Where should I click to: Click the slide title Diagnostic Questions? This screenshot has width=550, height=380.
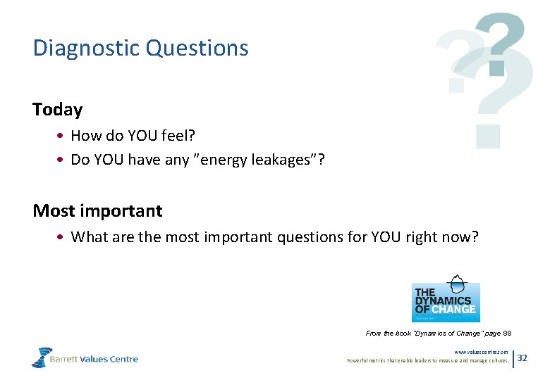pos(140,48)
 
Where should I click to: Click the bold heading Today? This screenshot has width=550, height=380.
pos(57,110)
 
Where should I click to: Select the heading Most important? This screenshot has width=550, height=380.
pos(97,210)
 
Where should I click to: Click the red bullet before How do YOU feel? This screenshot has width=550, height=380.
pos(63,135)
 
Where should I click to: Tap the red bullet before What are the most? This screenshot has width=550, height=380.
pos(63,238)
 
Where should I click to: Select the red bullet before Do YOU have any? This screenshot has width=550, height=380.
pos(63,160)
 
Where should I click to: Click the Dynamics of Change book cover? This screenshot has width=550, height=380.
pos(445,298)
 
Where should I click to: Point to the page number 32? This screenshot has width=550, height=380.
pos(522,358)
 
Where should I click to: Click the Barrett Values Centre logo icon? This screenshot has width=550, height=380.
pos(42,357)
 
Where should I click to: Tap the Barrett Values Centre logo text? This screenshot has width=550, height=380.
pos(94,359)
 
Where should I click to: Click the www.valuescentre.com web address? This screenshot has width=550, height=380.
pos(481,352)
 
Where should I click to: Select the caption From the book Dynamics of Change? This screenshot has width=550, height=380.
pos(439,333)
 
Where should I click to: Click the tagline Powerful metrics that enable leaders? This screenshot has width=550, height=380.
pos(428,360)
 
